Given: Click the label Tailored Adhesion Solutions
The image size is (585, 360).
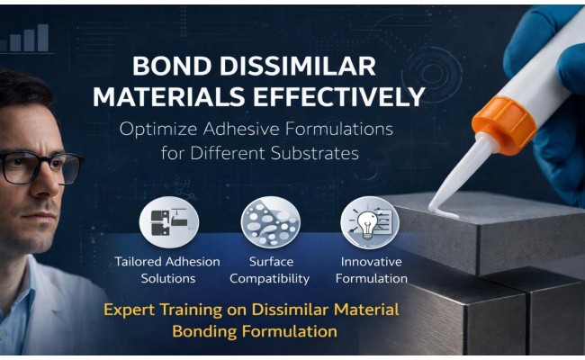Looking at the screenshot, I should (x=167, y=270).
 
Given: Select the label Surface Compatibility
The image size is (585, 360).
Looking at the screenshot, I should (x=269, y=270).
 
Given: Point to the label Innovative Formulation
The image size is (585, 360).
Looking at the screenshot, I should (x=371, y=270).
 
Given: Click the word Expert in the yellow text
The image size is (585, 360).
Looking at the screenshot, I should (x=131, y=310).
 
